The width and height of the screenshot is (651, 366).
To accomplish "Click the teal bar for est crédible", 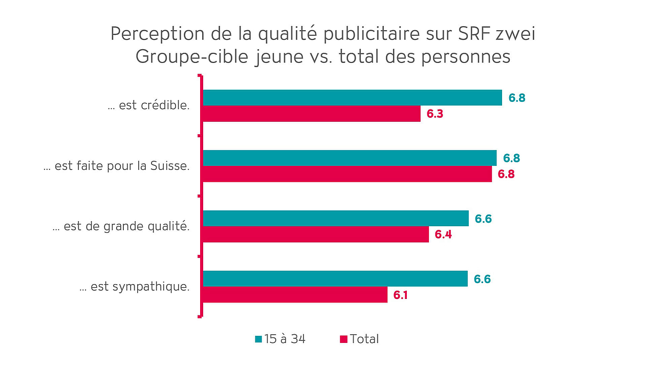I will tap(352, 97).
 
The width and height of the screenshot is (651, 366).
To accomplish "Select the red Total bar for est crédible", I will tap(311, 114).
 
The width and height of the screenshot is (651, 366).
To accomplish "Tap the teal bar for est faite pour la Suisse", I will tap(350, 158).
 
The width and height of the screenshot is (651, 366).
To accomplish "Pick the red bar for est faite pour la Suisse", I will tap(347, 174).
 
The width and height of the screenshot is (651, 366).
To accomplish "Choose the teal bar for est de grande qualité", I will tap(336, 218).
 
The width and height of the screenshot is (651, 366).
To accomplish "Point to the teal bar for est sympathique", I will tap(335, 278).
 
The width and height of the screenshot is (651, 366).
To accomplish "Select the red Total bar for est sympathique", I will tap(295, 295).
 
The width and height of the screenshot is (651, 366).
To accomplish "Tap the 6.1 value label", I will tap(400, 295).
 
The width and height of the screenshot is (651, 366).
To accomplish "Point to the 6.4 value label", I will tap(443, 234).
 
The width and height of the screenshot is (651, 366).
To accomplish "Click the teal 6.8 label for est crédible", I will tap(517, 98).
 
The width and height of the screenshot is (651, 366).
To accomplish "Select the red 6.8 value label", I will tap(506, 174).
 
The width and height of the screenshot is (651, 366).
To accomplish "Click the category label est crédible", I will tap(149, 106).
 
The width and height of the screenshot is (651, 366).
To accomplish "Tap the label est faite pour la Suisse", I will tap(117, 166).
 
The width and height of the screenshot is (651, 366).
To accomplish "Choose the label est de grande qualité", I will tap(121, 226).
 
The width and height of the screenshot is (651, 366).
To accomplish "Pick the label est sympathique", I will tap(135, 287).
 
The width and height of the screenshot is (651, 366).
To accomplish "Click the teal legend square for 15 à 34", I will tap(258, 339).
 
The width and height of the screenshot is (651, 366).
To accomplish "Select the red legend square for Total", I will tap(343, 339).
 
